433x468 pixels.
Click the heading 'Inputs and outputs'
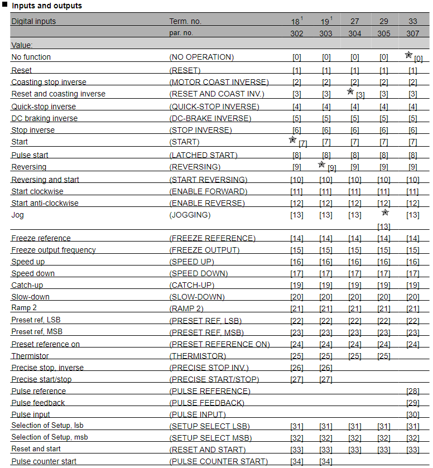(x=47, y=6)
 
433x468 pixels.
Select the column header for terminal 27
(x=355, y=21)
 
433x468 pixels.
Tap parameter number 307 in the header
(x=412, y=33)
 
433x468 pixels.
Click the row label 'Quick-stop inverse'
(x=44, y=107)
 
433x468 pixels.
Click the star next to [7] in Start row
(x=292, y=140)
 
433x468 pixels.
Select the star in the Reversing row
(x=321, y=165)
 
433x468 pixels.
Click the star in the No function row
(x=408, y=55)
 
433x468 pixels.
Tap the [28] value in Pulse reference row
(x=412, y=391)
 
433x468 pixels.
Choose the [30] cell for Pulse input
(x=412, y=414)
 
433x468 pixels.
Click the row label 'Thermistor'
(x=30, y=356)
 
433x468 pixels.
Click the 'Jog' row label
(x=18, y=215)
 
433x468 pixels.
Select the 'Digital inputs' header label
(x=33, y=21)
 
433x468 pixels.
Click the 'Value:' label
(x=22, y=45)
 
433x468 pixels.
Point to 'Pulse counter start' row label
(x=44, y=461)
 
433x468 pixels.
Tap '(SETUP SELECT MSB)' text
(x=210, y=438)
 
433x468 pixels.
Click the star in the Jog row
(x=385, y=213)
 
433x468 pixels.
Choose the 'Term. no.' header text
(x=185, y=21)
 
